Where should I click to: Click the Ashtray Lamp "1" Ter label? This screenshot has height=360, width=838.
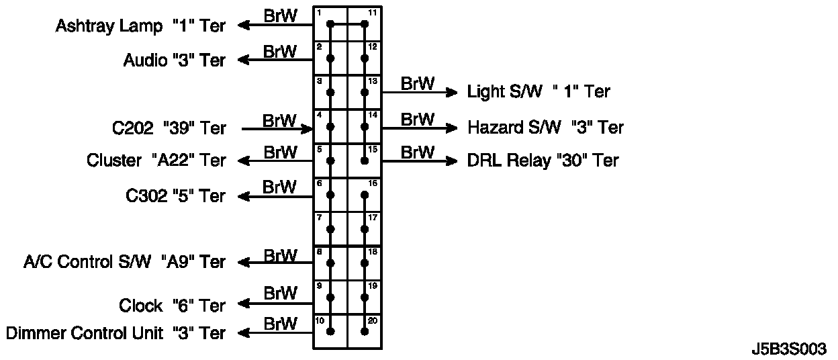[140, 26]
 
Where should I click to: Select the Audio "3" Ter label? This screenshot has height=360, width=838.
[175, 60]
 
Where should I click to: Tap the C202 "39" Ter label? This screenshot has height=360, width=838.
[169, 128]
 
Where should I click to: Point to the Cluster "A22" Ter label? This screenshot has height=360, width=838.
[156, 161]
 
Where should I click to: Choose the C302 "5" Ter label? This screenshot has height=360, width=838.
[175, 196]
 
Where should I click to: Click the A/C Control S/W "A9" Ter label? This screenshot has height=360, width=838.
[124, 262]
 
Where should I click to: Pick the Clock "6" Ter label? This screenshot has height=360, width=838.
[172, 306]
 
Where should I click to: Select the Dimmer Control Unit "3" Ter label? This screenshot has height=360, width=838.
[115, 333]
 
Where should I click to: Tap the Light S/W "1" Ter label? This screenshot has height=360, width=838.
[539, 91]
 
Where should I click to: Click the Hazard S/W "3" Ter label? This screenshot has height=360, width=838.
[545, 127]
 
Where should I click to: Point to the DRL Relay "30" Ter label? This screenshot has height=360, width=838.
[543, 161]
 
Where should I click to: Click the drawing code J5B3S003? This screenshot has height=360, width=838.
[789, 350]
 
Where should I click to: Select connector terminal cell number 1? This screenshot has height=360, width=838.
[330, 24]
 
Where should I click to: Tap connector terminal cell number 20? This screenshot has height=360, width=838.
[365, 331]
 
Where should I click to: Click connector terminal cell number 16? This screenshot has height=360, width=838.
[365, 195]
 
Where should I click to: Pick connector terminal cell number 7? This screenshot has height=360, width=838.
[330, 229]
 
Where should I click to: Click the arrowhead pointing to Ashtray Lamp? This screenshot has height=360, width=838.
[244, 26]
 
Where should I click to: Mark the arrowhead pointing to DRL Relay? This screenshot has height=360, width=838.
[452, 161]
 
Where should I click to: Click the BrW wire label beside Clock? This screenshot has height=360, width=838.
[280, 294]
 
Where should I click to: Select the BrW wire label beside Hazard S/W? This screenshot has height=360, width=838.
[417, 119]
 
